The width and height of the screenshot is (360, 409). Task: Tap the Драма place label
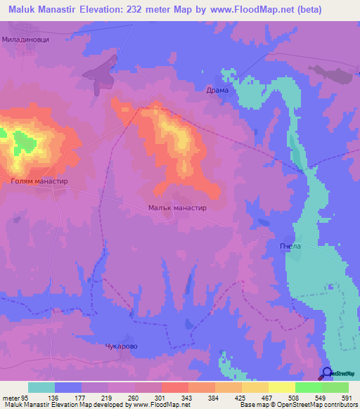(217, 91)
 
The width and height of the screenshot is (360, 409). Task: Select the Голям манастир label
(39, 181)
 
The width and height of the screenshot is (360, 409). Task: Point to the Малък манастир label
(176, 208)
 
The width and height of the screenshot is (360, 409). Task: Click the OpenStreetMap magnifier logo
(327, 373)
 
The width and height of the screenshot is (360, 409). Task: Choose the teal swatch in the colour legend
(41, 387)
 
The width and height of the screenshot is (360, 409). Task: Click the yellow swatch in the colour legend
(281, 387)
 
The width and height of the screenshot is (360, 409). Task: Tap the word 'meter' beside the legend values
(10, 398)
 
